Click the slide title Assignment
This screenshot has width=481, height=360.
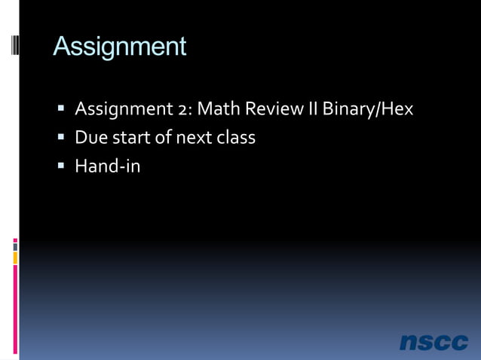(119, 47)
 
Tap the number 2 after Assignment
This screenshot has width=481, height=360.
(184, 109)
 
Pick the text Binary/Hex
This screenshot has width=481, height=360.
(368, 109)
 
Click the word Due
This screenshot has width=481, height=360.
(91, 138)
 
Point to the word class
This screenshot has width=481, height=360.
(236, 138)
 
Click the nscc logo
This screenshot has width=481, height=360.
(434, 342)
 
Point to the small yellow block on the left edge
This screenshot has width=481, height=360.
(15, 258)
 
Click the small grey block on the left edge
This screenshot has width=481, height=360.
(15, 246)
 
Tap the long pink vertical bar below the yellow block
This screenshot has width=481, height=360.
(15, 309)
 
